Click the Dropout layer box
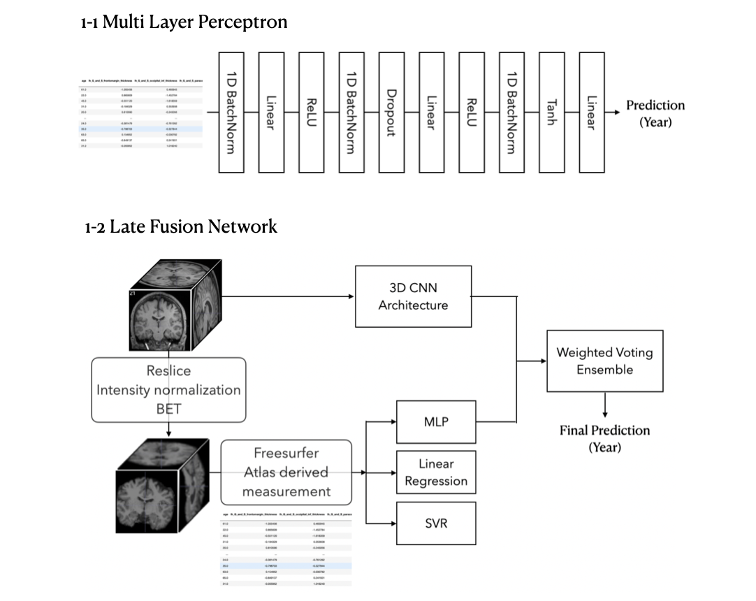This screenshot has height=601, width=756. [x=391, y=113]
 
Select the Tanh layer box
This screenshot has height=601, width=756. [x=552, y=113]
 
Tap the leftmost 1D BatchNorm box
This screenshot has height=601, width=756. [x=231, y=113]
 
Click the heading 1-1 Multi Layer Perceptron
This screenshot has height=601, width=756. [x=184, y=22]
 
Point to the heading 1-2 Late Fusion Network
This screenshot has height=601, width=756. [x=181, y=226]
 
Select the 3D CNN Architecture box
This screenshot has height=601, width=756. [x=413, y=296]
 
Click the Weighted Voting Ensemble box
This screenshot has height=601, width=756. [x=604, y=361]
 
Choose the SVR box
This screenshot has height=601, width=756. [x=436, y=523]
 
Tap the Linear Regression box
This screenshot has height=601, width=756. [x=436, y=472]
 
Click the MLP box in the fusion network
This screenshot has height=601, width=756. [x=436, y=422]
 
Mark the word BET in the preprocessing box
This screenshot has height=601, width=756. [x=168, y=409]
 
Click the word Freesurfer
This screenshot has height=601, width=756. [x=286, y=454]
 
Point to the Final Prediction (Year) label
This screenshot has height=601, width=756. [x=604, y=438]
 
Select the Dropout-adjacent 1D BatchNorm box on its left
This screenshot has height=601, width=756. [x=351, y=113]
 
